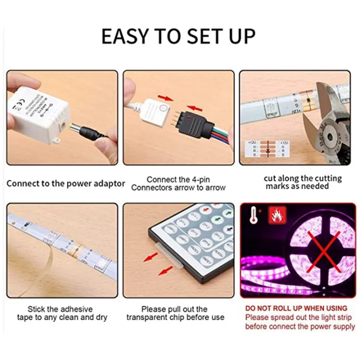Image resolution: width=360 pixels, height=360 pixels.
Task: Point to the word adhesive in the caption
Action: tap(75, 309)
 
